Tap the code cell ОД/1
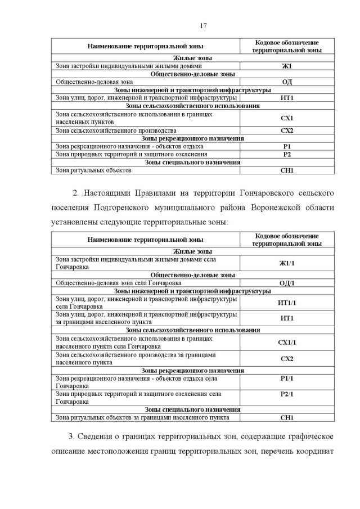pos(287,283)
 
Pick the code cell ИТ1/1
pos(287,303)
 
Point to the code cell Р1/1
pos(287,379)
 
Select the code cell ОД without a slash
pos(287,82)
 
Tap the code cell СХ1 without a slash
pos(287,118)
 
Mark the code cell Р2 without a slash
pos(287,154)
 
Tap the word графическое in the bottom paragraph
pos(307,436)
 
